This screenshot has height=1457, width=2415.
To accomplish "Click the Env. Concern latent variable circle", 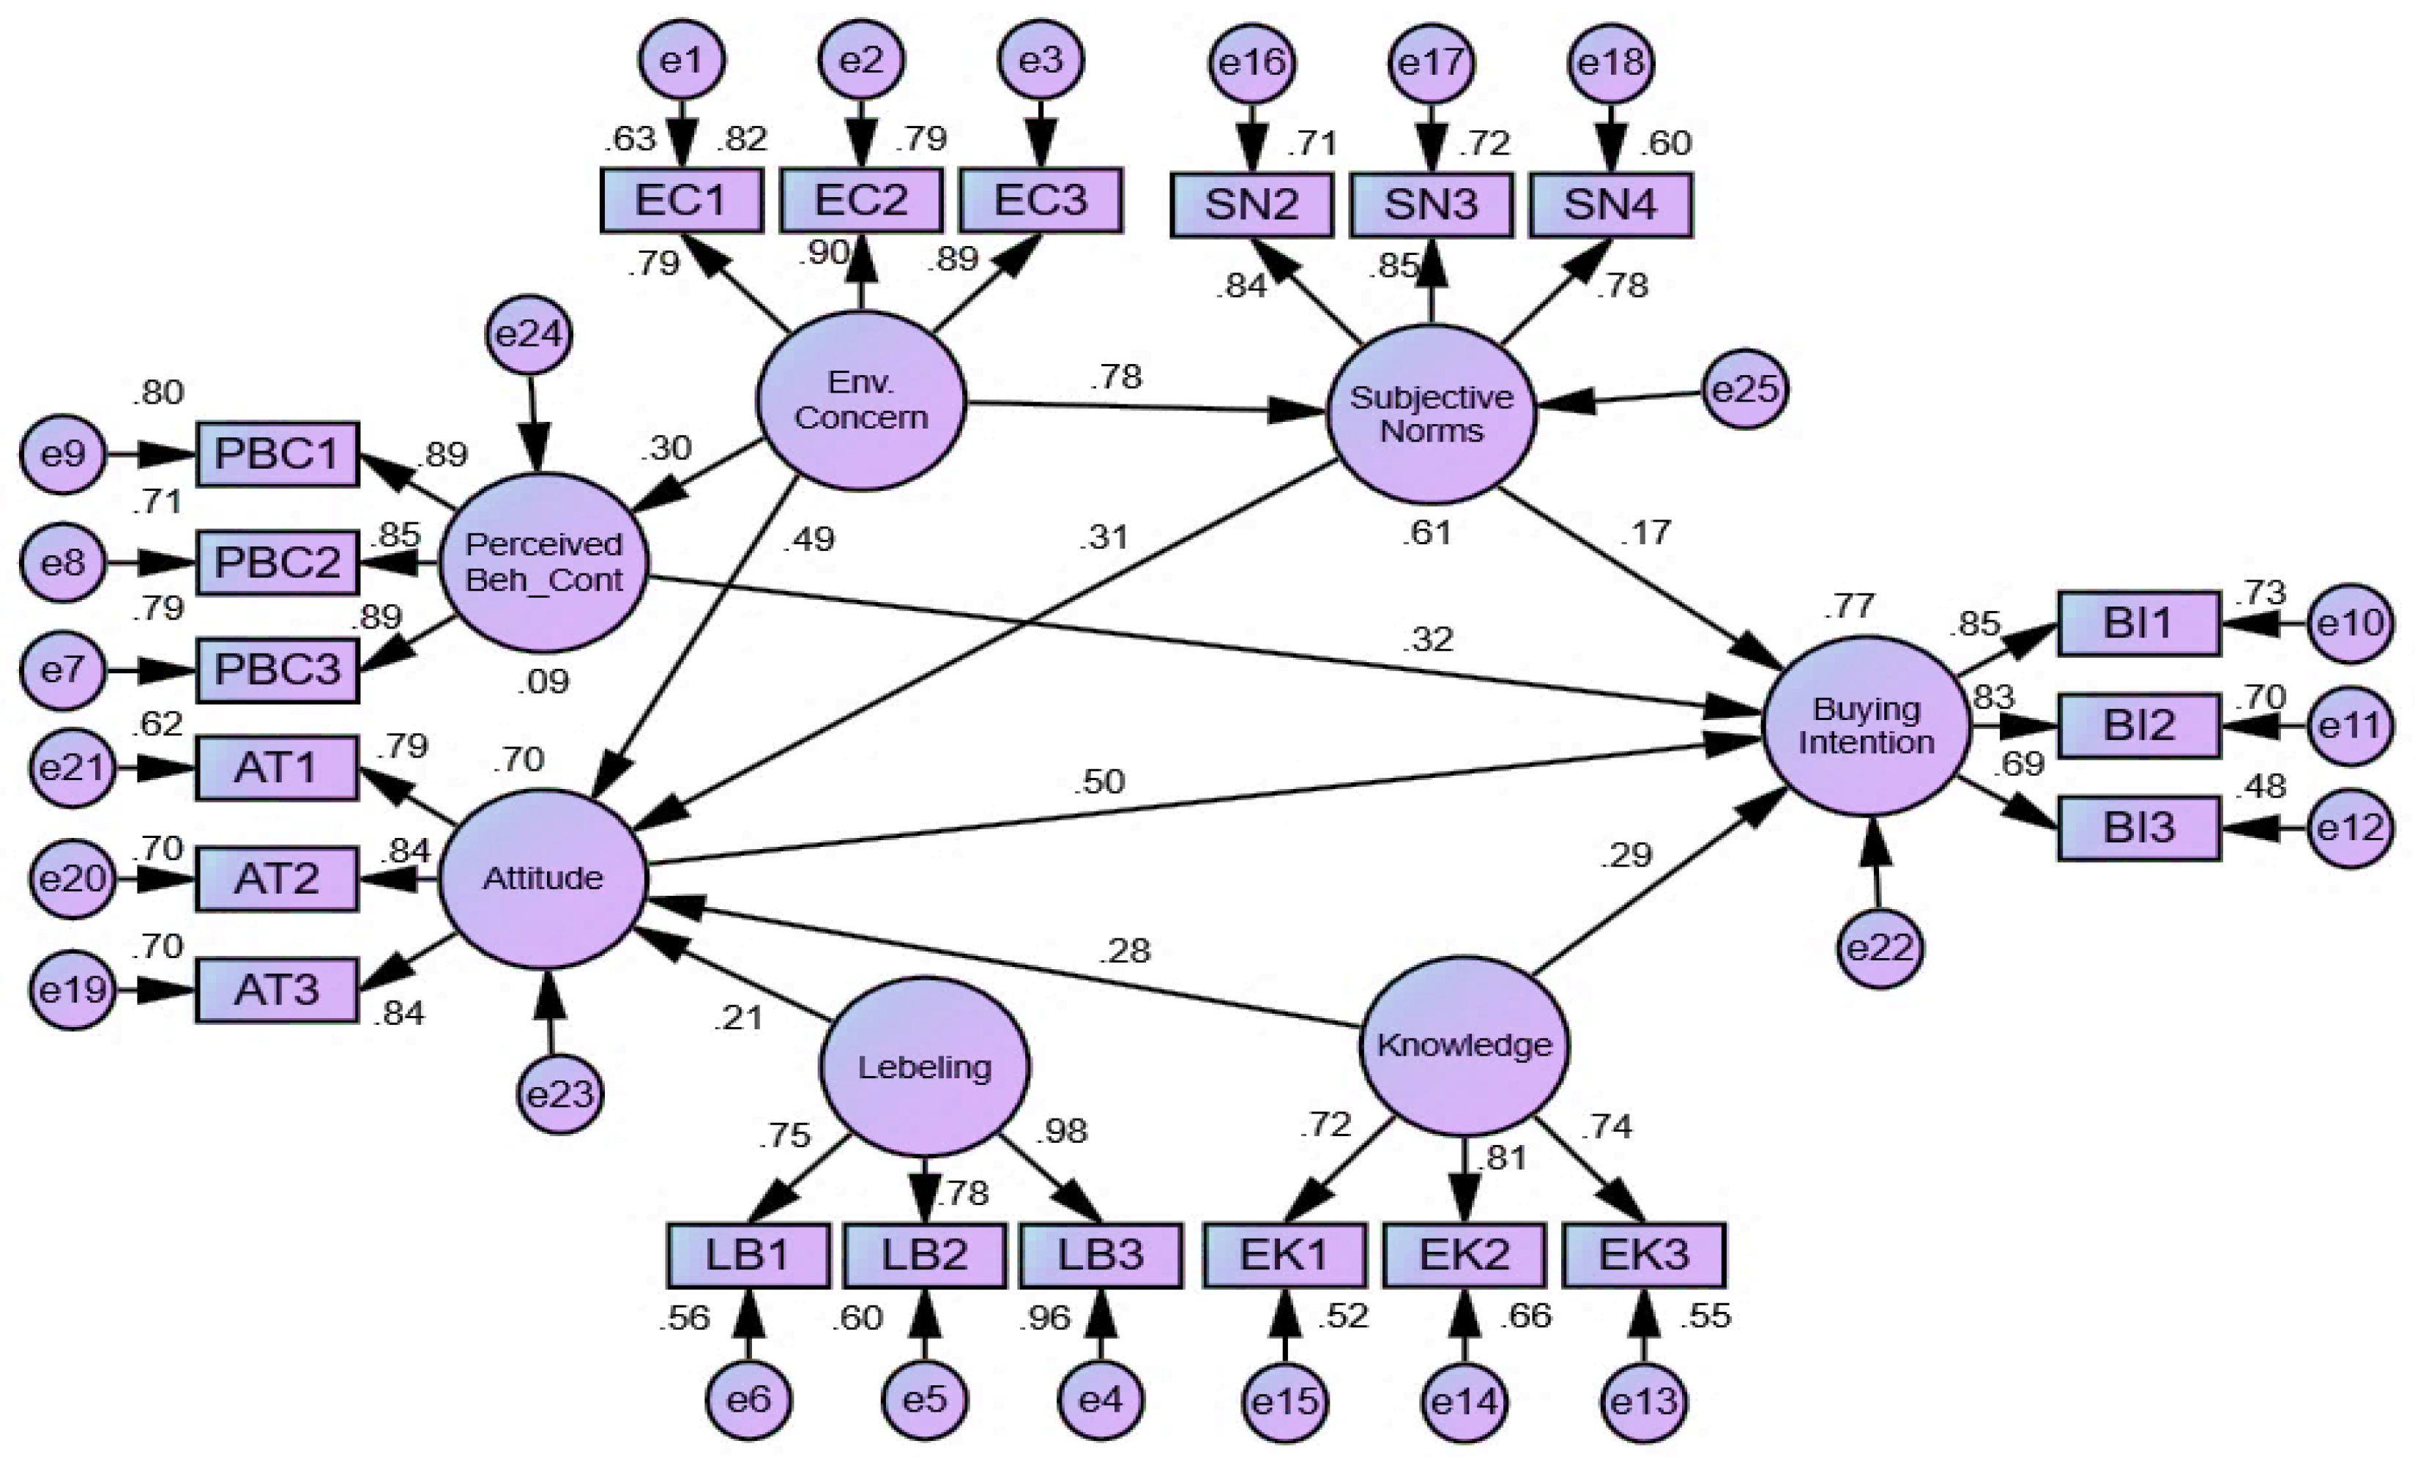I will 860,400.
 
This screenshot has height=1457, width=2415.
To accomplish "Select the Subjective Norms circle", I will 1431,414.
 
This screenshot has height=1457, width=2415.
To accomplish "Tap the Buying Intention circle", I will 1865,725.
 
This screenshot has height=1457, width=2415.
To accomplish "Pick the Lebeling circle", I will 924,1066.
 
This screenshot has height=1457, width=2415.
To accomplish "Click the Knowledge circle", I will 1465,1045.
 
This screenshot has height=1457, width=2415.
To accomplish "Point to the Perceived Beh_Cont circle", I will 544,562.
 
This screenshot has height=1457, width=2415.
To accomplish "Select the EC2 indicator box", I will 860,200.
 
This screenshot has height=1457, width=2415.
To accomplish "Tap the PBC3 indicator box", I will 278,670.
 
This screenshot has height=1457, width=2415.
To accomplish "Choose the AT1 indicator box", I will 278,768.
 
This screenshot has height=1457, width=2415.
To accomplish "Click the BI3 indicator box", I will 2139,828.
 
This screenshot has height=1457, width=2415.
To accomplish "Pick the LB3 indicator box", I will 1101,1255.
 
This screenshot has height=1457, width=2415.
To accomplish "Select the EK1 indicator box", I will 1284,1255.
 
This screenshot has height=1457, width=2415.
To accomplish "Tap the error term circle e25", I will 1744,389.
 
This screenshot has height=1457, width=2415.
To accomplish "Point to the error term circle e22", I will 1879,948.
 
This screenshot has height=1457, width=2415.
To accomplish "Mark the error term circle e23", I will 559,1093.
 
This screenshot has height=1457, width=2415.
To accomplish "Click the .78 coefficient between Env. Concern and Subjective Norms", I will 1117,377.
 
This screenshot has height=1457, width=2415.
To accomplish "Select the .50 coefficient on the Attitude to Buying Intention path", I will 1098,782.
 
